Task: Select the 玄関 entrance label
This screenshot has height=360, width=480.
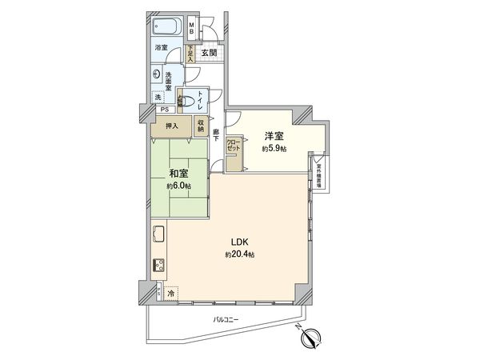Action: click(209, 53)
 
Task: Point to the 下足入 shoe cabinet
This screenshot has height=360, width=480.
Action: click(190, 54)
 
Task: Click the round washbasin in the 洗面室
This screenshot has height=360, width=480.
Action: click(156, 71)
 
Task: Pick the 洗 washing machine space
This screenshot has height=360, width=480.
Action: click(158, 97)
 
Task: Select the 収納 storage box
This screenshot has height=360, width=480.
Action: click(201, 125)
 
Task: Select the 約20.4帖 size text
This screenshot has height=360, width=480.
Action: click(240, 254)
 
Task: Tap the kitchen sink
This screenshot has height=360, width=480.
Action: click(158, 236)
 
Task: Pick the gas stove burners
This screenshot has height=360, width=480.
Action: click(158, 266)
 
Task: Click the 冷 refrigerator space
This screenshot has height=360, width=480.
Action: click(171, 294)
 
